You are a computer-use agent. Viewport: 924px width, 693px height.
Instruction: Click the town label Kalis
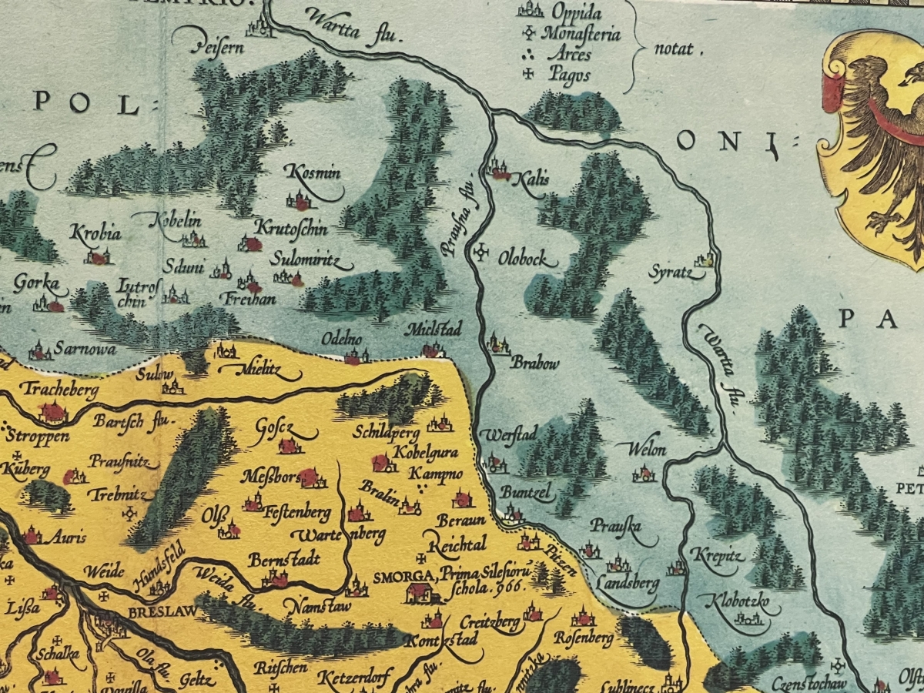[534, 179]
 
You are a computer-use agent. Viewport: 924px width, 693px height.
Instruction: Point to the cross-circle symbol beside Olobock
[483, 253]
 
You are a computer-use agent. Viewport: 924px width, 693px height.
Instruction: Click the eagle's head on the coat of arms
[912, 75]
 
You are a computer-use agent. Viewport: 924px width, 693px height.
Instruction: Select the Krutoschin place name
[290, 229]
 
